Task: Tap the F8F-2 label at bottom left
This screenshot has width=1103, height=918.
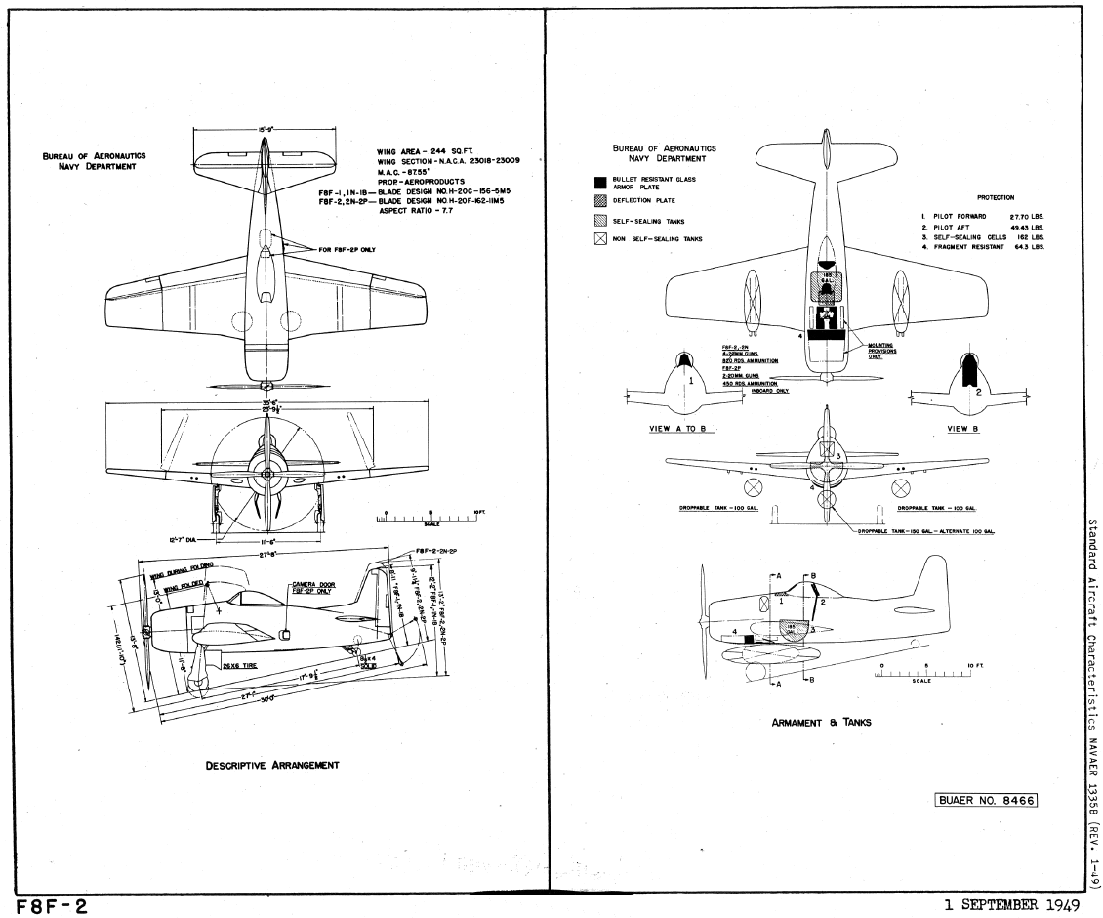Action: coord(48,907)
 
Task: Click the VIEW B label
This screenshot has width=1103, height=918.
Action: coord(963,428)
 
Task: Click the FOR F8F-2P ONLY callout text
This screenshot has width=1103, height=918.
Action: coord(347,249)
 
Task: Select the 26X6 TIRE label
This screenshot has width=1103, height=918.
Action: coord(242,666)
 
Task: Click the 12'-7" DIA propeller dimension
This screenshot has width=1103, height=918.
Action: coord(183,537)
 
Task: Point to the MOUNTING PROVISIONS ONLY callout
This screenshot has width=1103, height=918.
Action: coord(883,351)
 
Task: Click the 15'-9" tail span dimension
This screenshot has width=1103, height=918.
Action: coord(265,128)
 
